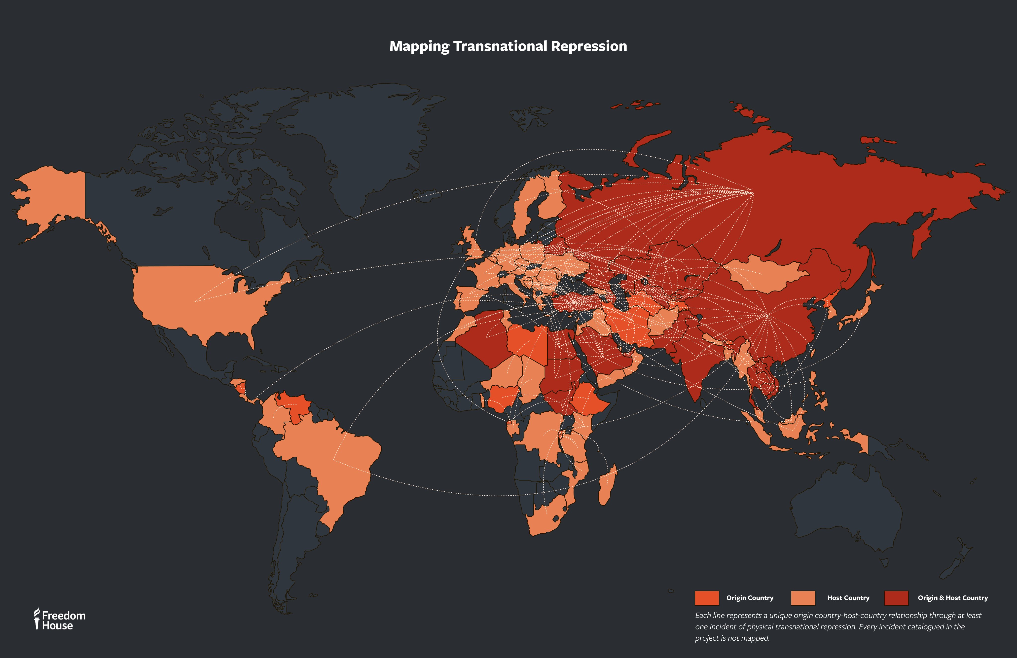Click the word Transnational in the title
click(500, 46)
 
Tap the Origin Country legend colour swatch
click(706, 598)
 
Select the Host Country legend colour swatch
click(802, 598)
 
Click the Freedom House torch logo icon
click(37, 618)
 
